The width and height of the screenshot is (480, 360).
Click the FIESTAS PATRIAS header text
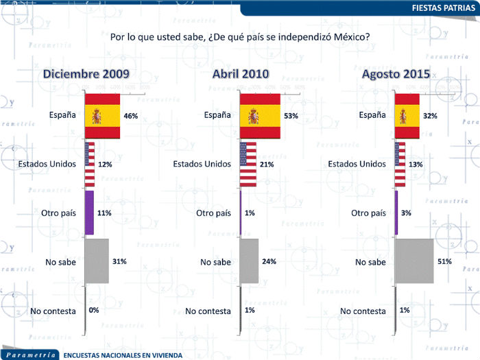443,8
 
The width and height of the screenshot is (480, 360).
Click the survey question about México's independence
240,36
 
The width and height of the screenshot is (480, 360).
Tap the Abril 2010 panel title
240,73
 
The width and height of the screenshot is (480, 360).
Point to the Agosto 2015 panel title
396,73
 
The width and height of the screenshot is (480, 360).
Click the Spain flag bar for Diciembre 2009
102,117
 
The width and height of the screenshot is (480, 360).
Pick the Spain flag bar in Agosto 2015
407,117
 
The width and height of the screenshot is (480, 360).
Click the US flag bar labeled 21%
248,165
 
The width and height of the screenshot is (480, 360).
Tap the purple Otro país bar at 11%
88,213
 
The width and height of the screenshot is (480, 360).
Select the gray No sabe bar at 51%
414,261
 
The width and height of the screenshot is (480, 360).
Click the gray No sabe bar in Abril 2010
249,261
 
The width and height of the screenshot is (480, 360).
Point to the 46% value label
131,117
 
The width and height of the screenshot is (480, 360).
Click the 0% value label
94,310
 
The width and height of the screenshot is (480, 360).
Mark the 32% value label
431,117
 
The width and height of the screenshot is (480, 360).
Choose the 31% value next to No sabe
119,261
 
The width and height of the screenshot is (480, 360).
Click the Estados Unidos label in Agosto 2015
357,164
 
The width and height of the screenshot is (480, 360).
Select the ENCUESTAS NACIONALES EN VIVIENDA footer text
123,355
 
